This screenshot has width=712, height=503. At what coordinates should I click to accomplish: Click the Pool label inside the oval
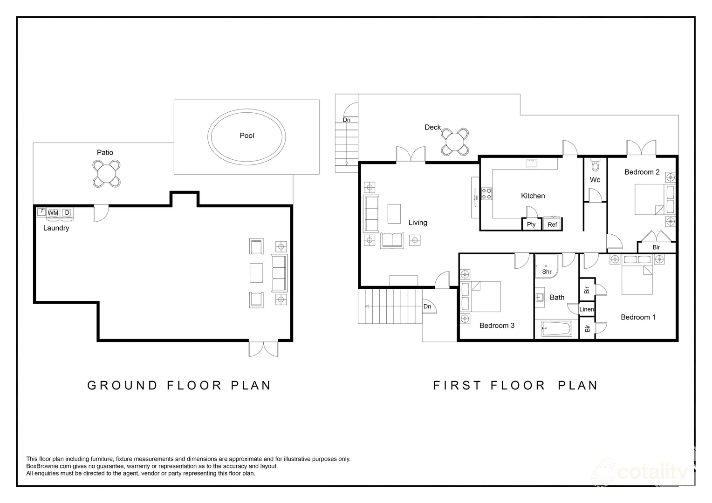[246, 136]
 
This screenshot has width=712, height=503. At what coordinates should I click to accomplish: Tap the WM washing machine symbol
[53, 213]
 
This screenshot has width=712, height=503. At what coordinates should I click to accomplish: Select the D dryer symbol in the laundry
[67, 213]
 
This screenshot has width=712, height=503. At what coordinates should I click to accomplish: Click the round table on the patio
[107, 174]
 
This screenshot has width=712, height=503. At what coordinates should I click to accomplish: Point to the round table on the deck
[455, 142]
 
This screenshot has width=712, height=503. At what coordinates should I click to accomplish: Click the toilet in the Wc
[595, 165]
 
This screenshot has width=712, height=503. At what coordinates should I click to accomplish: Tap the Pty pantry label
[531, 224]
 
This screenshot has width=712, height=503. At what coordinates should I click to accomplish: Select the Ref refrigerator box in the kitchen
[553, 224]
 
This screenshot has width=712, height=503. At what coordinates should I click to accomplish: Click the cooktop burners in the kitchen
[486, 194]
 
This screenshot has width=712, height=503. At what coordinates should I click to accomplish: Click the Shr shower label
[547, 272]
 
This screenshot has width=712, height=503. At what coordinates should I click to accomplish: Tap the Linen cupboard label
[587, 309]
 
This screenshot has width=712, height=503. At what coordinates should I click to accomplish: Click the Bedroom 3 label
[497, 326]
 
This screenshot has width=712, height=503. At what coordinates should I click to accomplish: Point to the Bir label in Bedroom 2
[656, 247]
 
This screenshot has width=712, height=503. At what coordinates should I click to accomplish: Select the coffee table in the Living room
[394, 213]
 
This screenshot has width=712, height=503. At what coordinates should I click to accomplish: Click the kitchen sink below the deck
[531, 163]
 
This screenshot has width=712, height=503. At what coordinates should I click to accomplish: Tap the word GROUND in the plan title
[123, 386]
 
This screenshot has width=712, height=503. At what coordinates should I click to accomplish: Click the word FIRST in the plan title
[457, 386]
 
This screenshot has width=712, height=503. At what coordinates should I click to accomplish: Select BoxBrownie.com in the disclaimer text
[48, 466]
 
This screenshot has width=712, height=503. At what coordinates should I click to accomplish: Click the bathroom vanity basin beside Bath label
[540, 298]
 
